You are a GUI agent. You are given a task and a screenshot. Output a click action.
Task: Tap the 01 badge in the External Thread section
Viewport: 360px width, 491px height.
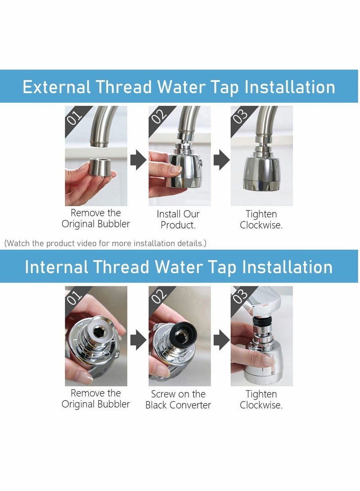[x=75, y=116]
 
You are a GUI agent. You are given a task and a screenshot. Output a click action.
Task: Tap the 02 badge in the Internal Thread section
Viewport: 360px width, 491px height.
[x=158, y=296]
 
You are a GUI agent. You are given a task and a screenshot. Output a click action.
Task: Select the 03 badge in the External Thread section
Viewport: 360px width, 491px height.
[x=241, y=116]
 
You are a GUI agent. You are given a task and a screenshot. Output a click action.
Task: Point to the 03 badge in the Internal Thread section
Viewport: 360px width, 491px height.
[x=241, y=296]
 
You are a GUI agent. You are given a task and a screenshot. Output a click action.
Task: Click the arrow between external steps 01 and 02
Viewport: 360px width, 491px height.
[x=138, y=160]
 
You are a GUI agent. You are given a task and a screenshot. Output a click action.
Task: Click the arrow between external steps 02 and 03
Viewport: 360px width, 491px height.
[x=220, y=160]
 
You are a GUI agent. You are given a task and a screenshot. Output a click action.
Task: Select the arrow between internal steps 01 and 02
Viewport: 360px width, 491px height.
[x=138, y=340]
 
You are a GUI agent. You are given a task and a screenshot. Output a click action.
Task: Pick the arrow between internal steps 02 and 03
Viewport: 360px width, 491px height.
[x=220, y=340]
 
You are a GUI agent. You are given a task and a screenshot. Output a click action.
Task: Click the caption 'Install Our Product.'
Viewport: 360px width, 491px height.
[x=178, y=219]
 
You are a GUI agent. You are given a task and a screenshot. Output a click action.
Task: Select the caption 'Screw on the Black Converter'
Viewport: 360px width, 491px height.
[x=178, y=399]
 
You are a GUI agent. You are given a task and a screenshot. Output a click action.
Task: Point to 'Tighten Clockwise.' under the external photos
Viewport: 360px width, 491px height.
[x=261, y=219]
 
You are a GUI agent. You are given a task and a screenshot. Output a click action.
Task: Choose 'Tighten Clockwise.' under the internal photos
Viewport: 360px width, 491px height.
[x=261, y=399]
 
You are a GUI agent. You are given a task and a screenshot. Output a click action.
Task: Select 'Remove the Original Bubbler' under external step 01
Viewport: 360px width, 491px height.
[x=96, y=218]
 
